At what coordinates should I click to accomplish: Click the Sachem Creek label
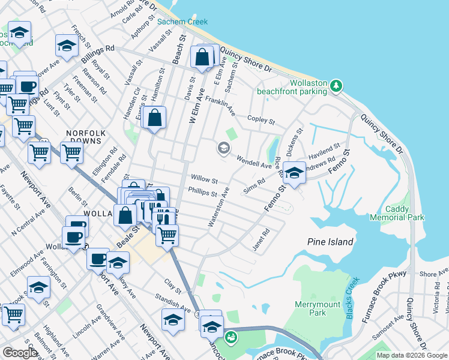pos(182,22)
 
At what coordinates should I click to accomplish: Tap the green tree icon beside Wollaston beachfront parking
pos(337,85)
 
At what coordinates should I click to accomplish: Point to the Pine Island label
pos(330,242)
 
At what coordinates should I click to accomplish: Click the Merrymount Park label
pos(318,308)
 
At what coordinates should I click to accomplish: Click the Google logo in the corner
pos(20,353)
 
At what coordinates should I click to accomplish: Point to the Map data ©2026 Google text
pos(412,355)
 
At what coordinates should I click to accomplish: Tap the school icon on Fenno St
pos(294,174)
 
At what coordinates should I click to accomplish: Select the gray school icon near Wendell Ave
pos(223,148)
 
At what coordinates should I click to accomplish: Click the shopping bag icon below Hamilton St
pos(155,118)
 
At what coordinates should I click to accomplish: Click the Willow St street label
pos(203,179)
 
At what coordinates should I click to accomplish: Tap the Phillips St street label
pos(202,193)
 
